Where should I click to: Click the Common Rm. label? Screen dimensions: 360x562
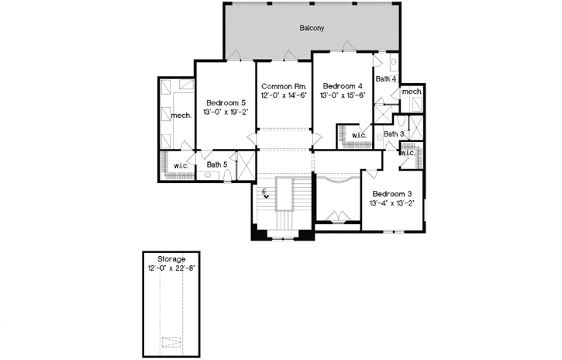(284, 85)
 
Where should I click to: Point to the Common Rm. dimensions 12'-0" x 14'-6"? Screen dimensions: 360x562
(284, 95)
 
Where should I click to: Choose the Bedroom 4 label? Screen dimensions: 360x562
(342, 85)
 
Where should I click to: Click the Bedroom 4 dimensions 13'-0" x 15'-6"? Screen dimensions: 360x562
(342, 95)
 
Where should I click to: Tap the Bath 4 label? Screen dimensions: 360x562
(386, 79)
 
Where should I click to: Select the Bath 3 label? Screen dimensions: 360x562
(394, 134)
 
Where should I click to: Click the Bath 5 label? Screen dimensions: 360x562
(217, 164)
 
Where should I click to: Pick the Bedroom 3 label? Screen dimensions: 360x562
(393, 194)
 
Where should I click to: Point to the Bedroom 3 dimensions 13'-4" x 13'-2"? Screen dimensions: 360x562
(393, 204)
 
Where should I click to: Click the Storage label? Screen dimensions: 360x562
(171, 258)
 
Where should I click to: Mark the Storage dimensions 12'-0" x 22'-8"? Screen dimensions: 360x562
(171, 268)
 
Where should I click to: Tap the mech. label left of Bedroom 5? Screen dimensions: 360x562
(181, 116)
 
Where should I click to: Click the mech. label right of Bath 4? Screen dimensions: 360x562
(412, 92)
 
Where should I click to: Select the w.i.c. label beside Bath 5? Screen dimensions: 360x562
(182, 165)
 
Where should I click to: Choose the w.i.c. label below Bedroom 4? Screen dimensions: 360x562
(359, 136)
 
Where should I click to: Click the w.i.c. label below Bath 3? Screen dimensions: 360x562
(409, 152)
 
